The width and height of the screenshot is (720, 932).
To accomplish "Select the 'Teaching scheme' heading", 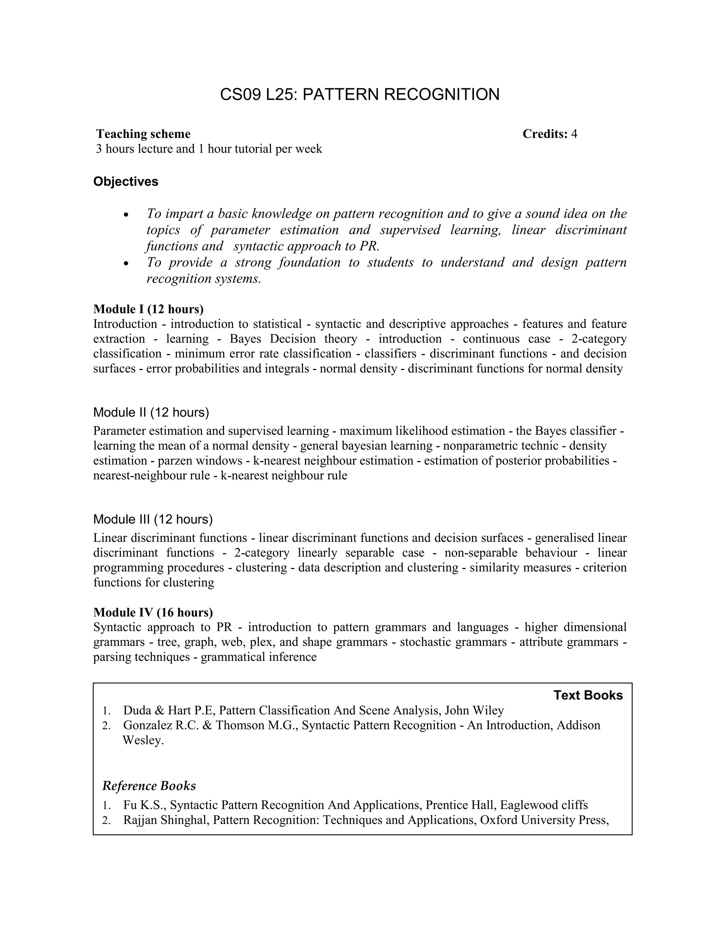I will (x=143, y=134).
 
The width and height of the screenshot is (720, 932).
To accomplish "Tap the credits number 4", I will (x=574, y=134).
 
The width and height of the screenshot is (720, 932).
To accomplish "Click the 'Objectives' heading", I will (x=126, y=181).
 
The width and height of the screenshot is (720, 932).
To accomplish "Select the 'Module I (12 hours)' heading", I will (x=148, y=308).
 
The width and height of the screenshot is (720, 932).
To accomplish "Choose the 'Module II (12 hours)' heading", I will (x=151, y=412).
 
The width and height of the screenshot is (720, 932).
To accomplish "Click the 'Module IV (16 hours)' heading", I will (x=153, y=612).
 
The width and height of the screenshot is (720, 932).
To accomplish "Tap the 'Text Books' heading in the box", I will (x=588, y=695).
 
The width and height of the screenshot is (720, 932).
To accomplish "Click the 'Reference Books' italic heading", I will (x=149, y=786).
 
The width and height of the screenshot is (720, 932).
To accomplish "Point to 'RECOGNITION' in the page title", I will (x=442, y=94).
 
